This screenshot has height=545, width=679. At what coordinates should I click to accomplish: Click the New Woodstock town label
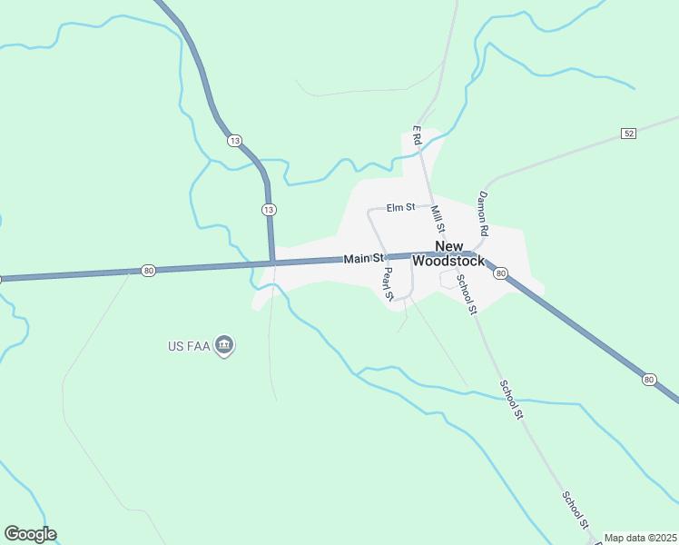448,253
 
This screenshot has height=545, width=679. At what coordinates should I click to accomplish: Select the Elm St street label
400,208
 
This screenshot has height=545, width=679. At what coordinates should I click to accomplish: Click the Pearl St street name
388,282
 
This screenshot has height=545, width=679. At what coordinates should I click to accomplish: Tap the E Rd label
418,137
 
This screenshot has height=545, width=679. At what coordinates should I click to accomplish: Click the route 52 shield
628,134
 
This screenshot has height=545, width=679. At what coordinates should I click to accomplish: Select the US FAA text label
189,345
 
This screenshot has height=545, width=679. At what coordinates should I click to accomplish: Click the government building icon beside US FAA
225,345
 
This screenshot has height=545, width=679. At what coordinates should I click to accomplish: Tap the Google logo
30,534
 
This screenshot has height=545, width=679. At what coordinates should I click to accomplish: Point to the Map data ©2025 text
640,538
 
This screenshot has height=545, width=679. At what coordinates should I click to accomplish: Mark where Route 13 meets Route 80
272,263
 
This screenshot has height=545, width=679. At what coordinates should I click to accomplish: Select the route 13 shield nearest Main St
268,210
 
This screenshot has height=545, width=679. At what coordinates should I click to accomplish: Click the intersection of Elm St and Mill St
430,208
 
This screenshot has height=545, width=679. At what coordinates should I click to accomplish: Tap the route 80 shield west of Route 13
148,270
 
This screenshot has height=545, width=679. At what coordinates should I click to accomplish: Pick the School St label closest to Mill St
467,294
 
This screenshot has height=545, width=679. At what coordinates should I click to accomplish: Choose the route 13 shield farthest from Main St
234,141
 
